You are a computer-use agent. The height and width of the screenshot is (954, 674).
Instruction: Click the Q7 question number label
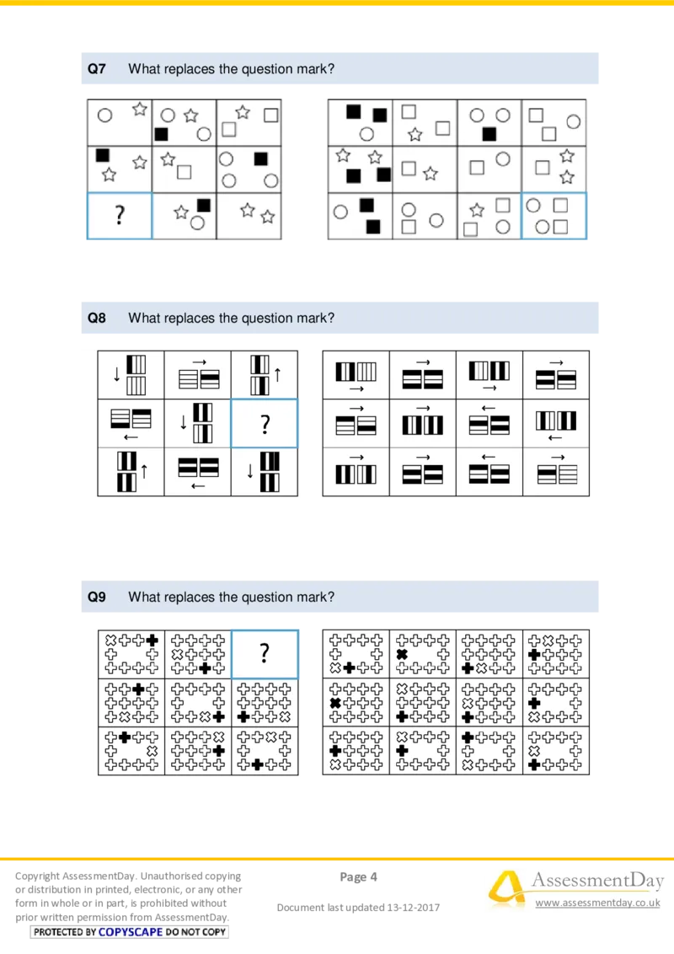pyautogui.click(x=97, y=69)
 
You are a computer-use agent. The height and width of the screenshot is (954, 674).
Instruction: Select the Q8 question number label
pyautogui.click(x=97, y=318)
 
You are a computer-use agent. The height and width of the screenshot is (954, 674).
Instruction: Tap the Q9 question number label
pyautogui.click(x=97, y=597)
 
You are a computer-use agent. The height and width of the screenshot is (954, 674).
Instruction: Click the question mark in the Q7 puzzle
pyautogui.click(x=120, y=217)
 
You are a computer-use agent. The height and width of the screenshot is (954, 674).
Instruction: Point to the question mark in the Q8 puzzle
pyautogui.click(x=265, y=424)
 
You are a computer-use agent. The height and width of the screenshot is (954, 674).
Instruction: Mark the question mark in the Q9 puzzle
pyautogui.click(x=265, y=653)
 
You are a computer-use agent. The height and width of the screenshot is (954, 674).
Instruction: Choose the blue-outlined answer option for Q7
pyautogui.click(x=554, y=217)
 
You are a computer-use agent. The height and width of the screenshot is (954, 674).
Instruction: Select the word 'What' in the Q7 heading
pyautogui.click(x=142, y=69)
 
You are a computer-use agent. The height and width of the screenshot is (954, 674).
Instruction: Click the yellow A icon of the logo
pyautogui.click(x=505, y=889)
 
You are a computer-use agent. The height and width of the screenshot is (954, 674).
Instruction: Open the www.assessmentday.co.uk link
pyautogui.click(x=597, y=903)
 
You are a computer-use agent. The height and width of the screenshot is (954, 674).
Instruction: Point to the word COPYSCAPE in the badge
pyautogui.click(x=131, y=932)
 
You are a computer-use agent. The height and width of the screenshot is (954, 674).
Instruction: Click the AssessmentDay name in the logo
pyautogui.click(x=595, y=881)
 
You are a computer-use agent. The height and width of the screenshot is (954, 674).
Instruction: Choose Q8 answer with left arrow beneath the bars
pyautogui.click(x=554, y=424)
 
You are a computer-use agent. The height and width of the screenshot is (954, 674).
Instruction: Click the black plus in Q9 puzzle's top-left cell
pyautogui.click(x=152, y=640)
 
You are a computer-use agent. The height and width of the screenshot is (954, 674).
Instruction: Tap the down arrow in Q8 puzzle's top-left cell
pyautogui.click(x=116, y=374)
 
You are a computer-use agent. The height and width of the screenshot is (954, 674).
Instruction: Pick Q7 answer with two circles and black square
pyautogui.click(x=489, y=122)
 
